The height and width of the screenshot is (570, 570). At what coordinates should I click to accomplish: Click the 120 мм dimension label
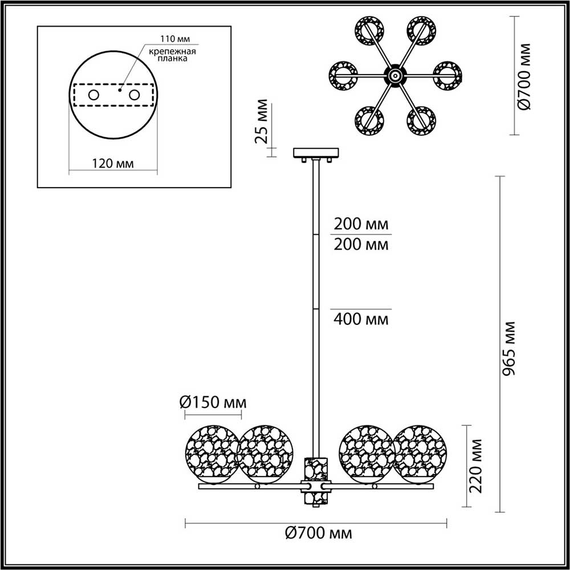[112, 163]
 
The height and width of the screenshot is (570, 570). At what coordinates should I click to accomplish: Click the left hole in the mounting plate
[92, 95]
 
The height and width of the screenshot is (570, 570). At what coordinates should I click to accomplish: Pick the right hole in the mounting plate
[134, 95]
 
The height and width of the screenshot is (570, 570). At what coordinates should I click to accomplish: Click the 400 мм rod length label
[360, 319]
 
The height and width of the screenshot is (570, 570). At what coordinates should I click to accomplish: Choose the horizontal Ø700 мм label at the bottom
[317, 534]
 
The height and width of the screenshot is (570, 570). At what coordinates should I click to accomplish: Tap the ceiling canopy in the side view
[315, 153]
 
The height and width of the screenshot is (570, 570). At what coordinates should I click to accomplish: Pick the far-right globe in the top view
[447, 75]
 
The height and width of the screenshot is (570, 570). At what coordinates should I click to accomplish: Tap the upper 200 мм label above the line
[360, 222]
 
